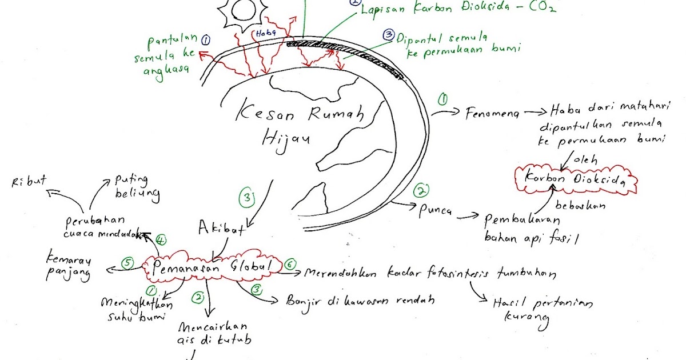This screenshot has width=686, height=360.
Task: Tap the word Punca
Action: coord(436,211)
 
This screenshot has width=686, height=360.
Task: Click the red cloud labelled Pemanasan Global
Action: coord(213,266)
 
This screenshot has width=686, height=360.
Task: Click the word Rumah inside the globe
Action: coord(336,115)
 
